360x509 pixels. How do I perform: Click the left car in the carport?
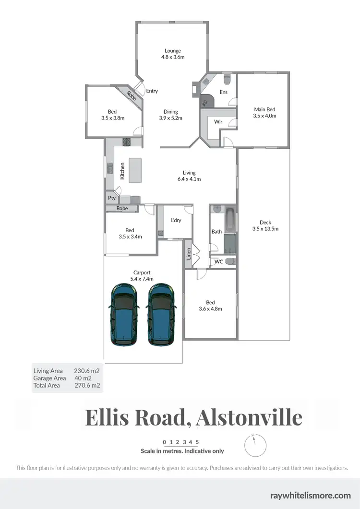click(125, 314)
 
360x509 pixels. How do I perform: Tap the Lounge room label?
click(173, 50)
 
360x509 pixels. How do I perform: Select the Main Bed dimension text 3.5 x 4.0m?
click(265, 116)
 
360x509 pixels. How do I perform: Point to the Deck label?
click(265, 222)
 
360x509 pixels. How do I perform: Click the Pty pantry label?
click(111, 198)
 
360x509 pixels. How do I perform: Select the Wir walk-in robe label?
click(218, 122)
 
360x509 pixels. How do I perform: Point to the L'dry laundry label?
click(176, 221)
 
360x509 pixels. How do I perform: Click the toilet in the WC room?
click(230, 261)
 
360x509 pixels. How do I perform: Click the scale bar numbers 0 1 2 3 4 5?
click(181, 442)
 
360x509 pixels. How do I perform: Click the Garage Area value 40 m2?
click(83, 378)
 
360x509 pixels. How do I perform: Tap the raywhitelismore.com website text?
click(311, 496)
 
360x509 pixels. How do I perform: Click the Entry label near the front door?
click(152, 91)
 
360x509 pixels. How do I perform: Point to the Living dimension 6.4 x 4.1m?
click(189, 179)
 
